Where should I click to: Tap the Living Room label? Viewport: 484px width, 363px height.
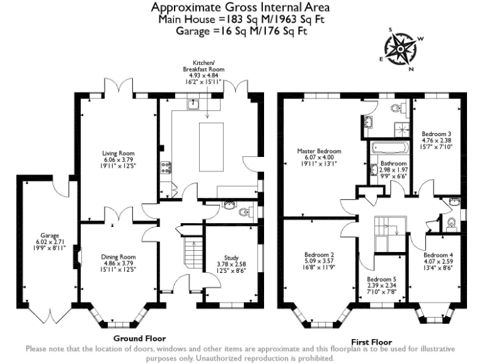(x=119, y=153)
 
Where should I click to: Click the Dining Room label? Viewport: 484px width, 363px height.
(x=118, y=256)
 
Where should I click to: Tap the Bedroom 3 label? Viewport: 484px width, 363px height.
(x=436, y=134)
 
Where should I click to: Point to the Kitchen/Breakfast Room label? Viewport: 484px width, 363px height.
(x=203, y=66)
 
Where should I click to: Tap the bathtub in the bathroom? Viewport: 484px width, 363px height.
(x=388, y=149)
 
